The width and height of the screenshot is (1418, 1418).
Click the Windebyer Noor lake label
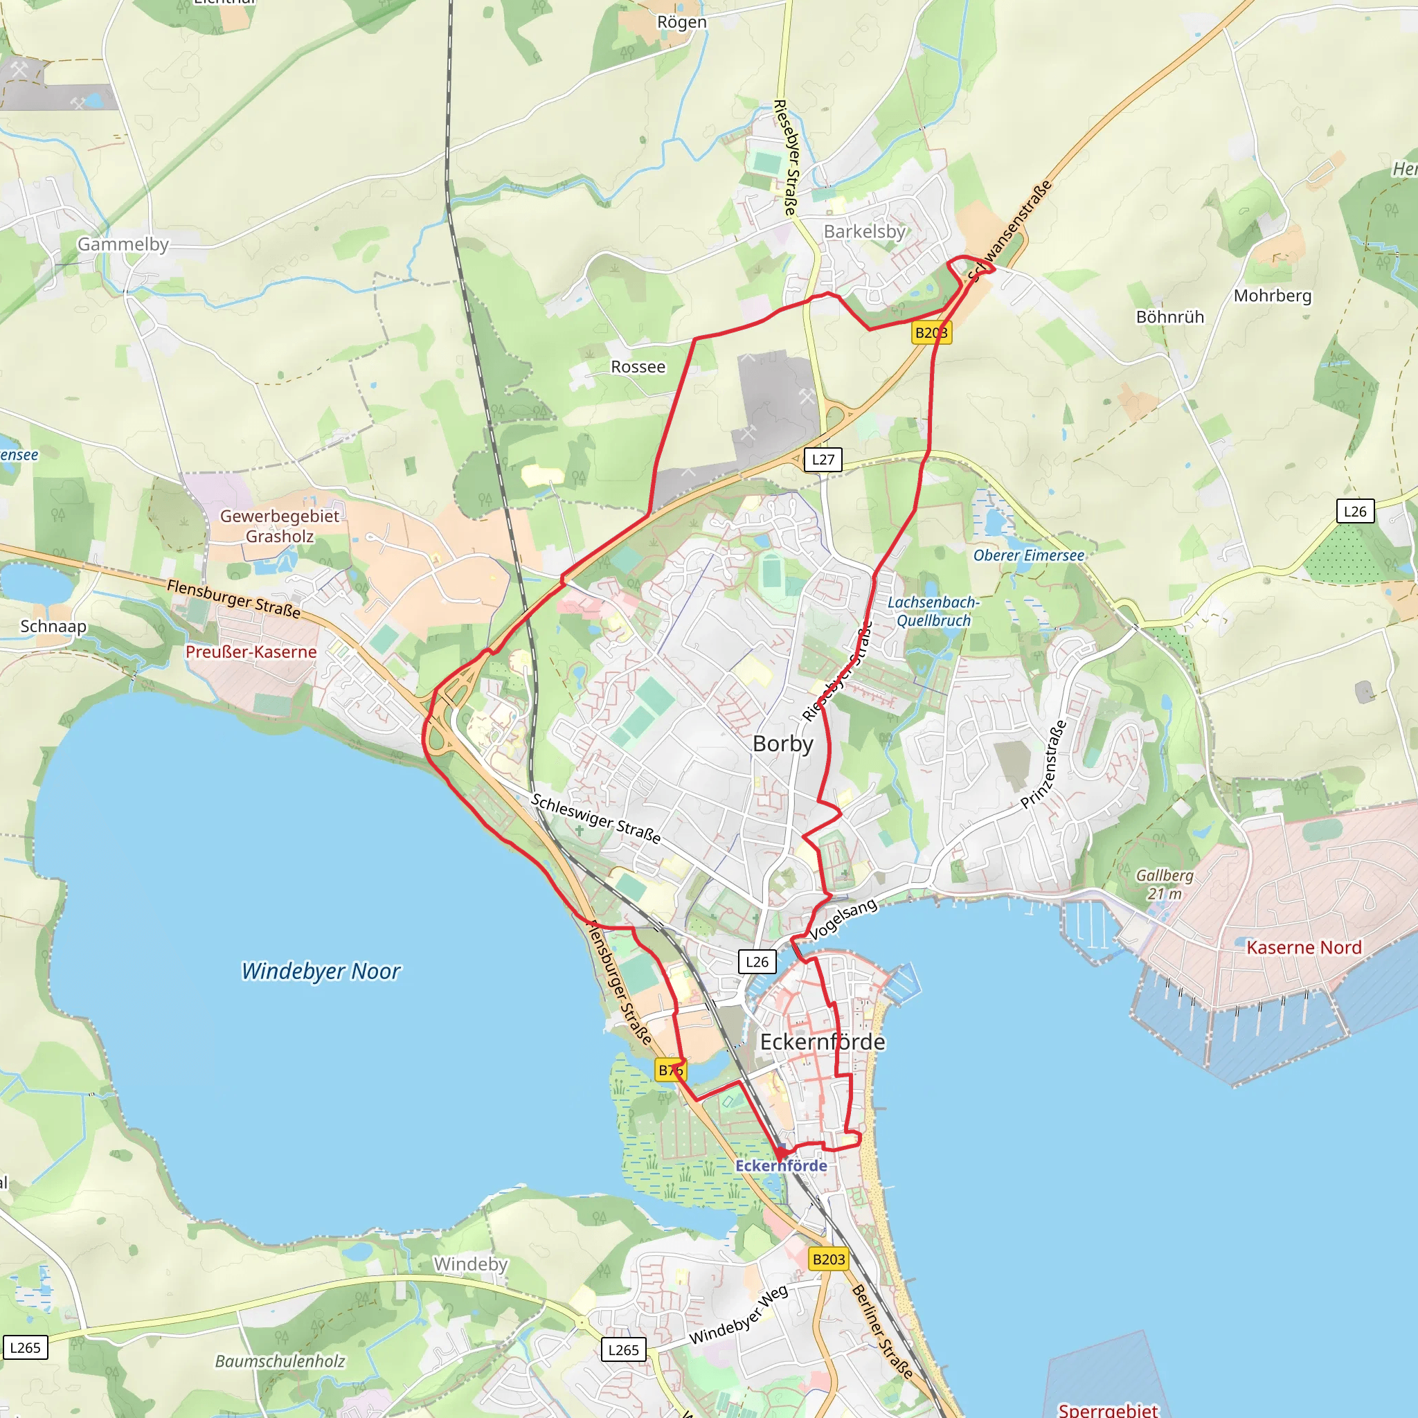pos(321,971)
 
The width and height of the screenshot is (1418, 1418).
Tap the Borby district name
pos(783,744)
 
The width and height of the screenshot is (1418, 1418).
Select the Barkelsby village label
pos(864,231)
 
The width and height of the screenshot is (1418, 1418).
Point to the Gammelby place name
pos(123,244)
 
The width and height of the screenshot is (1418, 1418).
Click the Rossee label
pos(638,367)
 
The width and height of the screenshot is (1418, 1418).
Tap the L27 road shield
pos(823,460)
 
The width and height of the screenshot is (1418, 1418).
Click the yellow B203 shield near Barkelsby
pos(931,332)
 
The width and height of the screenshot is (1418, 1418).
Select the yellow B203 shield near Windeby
pos(829,1259)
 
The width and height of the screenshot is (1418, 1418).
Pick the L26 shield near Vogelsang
pos(757,962)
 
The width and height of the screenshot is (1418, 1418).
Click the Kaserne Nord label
pos(1304,948)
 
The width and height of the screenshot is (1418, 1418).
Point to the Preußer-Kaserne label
pos(251,652)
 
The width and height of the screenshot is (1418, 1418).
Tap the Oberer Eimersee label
pos(1028,555)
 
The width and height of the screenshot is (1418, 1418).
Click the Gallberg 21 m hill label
pos(1165,884)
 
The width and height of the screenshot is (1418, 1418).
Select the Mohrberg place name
pos(1272,296)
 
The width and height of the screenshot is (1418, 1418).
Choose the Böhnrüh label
pos(1170,317)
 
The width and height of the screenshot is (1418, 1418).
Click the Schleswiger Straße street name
pos(595,818)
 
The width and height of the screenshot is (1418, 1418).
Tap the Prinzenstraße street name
pos(1043,765)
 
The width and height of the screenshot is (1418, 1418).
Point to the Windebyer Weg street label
pos(738,1316)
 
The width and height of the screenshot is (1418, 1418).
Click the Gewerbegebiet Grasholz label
pos(280,526)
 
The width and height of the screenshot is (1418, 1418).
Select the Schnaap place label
pos(53,626)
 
